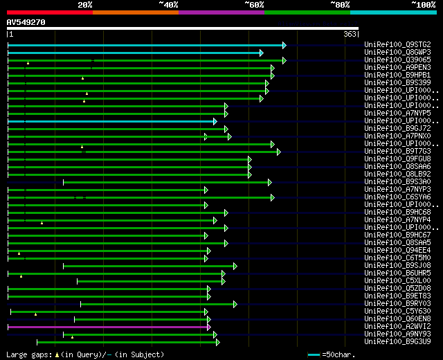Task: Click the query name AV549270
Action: pyautogui.click(x=26, y=22)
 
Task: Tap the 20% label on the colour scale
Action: pyautogui.click(x=85, y=4)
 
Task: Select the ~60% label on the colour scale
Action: pyautogui.click(x=254, y=4)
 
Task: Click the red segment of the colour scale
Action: pyautogui.click(x=49, y=12)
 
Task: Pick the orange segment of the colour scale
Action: pyautogui.click(x=135, y=12)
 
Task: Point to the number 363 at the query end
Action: pyautogui.click(x=350, y=34)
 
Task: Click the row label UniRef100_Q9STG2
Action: pyautogui.click(x=397, y=45)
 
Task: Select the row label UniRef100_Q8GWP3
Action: pyautogui.click(x=397, y=53)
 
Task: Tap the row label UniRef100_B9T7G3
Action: pyautogui.click(x=397, y=152)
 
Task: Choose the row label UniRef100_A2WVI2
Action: pyautogui.click(x=397, y=326)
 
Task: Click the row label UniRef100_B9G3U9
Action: pyautogui.click(x=397, y=341)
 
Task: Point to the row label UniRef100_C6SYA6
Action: pyautogui.click(x=397, y=197)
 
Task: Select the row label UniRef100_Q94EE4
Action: pyautogui.click(x=397, y=251)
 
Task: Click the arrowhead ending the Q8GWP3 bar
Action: pyautogui.click(x=261, y=53)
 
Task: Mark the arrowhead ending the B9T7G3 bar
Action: pyautogui.click(x=278, y=152)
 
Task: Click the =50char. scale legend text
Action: pyautogui.click(x=339, y=354)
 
